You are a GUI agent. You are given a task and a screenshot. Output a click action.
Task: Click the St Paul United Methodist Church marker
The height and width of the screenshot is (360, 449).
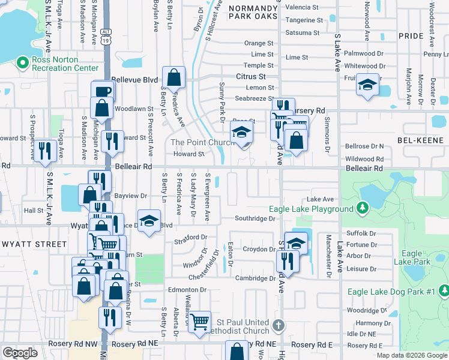click(x=277, y=326)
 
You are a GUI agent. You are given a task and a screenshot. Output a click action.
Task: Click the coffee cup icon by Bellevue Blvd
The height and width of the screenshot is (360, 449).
click(x=102, y=91)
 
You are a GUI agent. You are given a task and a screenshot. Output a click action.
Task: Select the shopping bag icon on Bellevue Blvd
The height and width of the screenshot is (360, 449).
click(x=173, y=77)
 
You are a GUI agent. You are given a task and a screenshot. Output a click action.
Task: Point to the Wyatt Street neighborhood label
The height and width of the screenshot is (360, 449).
click(x=34, y=244)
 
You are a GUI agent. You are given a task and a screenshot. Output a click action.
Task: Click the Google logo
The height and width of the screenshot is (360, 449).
click(x=20, y=353)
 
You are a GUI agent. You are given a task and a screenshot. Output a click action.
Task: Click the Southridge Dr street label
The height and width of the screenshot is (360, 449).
click(x=255, y=218)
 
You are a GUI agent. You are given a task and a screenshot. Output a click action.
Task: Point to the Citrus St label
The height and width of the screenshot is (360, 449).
click(x=250, y=77)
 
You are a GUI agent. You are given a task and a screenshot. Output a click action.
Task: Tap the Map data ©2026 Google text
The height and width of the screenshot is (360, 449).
click(x=412, y=355)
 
